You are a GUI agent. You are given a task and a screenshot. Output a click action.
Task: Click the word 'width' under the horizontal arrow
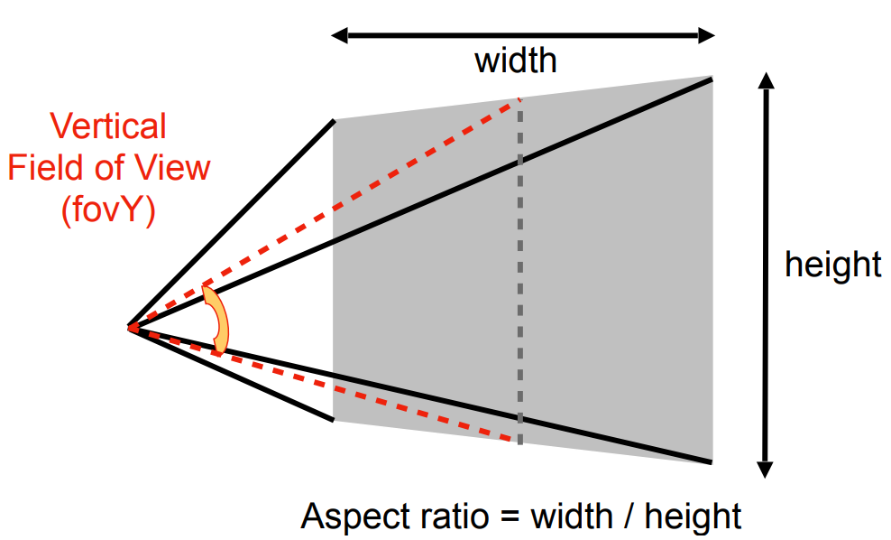coord(515,61)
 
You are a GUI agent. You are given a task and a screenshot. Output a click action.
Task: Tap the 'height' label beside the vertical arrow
coord(832,265)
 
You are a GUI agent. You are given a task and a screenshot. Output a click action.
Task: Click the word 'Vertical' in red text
coord(109,126)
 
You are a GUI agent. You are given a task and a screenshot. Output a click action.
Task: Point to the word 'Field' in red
coord(44,168)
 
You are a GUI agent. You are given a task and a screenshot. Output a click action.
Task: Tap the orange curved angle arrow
coord(217,320)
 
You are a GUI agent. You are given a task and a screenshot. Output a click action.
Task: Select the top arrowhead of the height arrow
coord(766,79)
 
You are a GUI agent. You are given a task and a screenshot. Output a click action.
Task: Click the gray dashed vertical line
coord(519,271)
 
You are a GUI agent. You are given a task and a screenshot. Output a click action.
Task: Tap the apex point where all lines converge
coord(130,327)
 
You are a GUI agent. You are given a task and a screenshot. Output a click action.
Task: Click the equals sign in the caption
coord(512,518)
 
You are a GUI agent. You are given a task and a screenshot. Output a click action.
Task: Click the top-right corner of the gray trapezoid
coord(712,79)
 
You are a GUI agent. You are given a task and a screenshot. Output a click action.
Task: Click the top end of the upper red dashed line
coord(519,99)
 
